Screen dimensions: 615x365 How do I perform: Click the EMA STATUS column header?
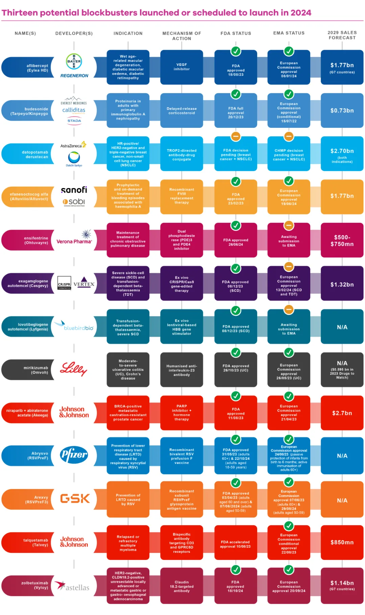(x=289, y=33)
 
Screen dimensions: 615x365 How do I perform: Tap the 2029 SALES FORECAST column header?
(x=342, y=35)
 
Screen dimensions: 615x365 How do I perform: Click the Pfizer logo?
(x=74, y=455)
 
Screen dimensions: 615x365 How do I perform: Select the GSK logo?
(x=75, y=499)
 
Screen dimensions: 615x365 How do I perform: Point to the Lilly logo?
(x=73, y=369)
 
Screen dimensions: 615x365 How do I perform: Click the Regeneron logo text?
(x=74, y=76)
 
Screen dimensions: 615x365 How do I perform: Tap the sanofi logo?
(x=74, y=190)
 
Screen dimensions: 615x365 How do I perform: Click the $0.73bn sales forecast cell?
(x=342, y=111)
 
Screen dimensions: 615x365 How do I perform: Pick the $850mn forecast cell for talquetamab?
(x=342, y=542)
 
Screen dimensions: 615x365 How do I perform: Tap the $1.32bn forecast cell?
(x=342, y=285)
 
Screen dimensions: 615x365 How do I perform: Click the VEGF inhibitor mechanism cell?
(x=181, y=67)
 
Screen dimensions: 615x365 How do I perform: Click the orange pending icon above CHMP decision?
(x=289, y=137)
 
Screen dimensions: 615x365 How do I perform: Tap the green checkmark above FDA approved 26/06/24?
(x=236, y=225)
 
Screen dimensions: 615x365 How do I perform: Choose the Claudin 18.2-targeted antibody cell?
(x=181, y=586)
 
